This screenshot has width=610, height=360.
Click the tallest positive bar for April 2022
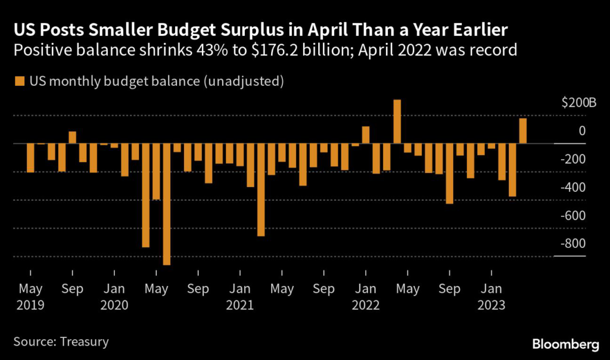point(397,122)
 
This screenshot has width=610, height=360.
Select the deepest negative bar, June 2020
point(167,204)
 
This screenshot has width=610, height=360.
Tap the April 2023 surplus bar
point(522,131)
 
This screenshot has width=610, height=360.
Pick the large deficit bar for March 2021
point(261,190)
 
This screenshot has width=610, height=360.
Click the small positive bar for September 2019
point(73,138)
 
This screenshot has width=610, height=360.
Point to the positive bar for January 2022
point(366,135)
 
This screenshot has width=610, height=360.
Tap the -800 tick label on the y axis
point(574,244)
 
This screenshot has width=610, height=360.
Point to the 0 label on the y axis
point(581,131)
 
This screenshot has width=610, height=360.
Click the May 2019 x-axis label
point(30,296)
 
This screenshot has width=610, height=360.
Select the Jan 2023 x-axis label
point(491,296)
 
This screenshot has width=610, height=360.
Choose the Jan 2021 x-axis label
point(239,296)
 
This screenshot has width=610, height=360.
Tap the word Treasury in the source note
point(84,342)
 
